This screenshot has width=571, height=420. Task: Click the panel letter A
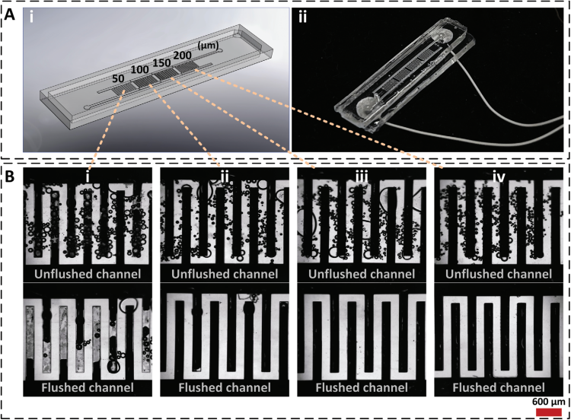(x=9, y=15)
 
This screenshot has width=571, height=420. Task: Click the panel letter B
(x=9, y=177)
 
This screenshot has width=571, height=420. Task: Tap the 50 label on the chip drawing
(x=118, y=78)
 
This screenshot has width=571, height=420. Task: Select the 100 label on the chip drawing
(x=140, y=69)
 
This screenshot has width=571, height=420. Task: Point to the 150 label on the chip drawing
(x=161, y=62)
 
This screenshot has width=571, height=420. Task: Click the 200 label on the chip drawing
(x=183, y=56)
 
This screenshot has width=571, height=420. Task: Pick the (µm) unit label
(x=208, y=46)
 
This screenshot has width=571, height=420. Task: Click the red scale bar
(x=549, y=412)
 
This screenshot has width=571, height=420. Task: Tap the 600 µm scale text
(x=549, y=402)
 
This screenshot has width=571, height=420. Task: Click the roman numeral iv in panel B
(x=499, y=177)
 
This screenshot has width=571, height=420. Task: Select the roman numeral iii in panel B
(x=362, y=177)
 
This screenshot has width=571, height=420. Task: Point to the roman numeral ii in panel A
(x=302, y=17)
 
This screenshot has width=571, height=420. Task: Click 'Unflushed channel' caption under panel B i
(x=88, y=274)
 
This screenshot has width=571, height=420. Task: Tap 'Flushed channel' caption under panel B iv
(x=499, y=387)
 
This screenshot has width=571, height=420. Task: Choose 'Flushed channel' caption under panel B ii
(x=225, y=387)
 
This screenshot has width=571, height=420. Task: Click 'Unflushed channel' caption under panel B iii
(x=362, y=274)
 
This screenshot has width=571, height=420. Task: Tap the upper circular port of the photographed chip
(x=443, y=36)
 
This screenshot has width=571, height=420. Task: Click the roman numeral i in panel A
(x=32, y=17)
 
